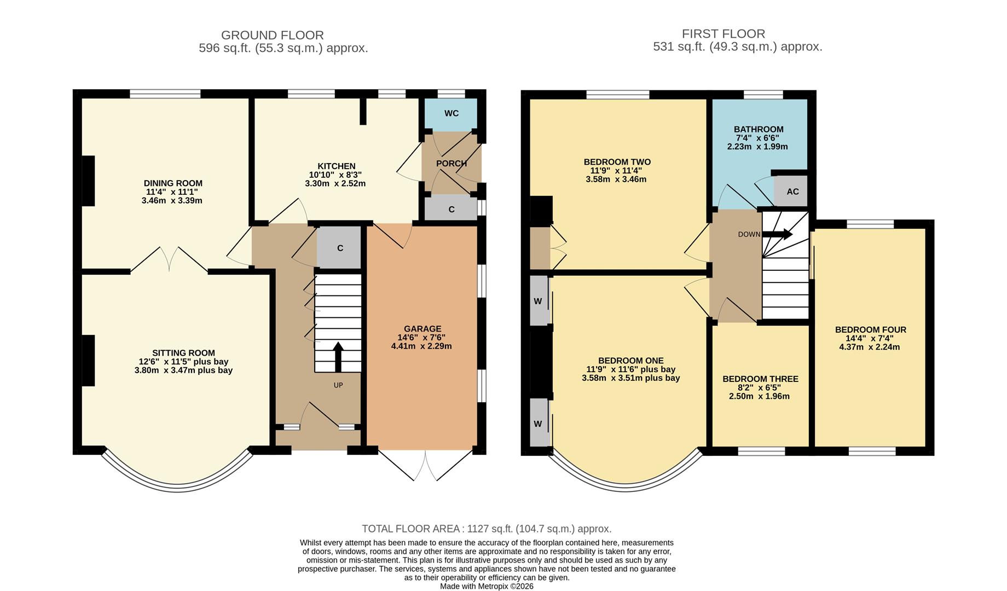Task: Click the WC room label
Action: point(451,113)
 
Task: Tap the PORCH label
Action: point(451,163)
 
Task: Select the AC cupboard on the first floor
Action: point(792,192)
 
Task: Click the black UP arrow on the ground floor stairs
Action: point(338,357)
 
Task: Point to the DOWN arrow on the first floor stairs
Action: point(777,234)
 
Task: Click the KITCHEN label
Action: point(336,166)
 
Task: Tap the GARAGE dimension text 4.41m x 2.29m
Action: point(421,346)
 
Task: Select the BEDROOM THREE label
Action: point(760,379)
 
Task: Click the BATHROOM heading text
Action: point(758,130)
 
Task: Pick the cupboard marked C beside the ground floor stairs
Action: point(339,248)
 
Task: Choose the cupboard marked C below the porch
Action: point(451,210)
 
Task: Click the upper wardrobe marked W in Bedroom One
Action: point(538,302)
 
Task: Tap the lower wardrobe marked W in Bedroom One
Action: point(538,424)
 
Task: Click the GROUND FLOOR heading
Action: point(272,36)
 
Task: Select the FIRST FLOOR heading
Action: point(723,34)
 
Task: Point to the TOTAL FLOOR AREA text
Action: point(486,529)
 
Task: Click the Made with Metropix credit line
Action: point(486,586)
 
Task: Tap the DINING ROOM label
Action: point(173,183)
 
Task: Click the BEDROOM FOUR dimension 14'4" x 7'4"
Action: point(870,338)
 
